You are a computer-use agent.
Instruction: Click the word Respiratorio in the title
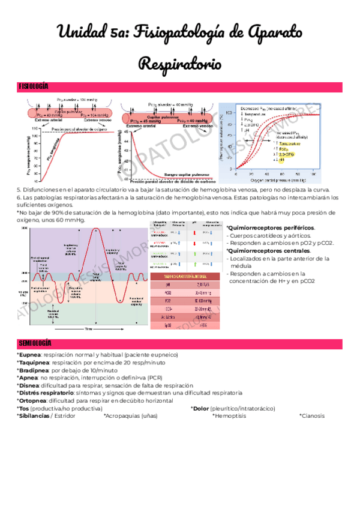click(179, 62)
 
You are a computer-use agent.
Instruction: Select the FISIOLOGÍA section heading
click(33, 87)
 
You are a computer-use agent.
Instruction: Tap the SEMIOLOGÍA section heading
click(34, 343)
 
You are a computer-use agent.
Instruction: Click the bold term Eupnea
click(29, 355)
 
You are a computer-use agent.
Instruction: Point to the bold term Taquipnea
click(34, 363)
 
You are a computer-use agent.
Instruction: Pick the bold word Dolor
click(200, 408)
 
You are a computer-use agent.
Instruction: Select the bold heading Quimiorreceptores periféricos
click(270, 229)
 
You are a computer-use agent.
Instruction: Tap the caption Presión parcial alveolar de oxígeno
click(73, 129)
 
